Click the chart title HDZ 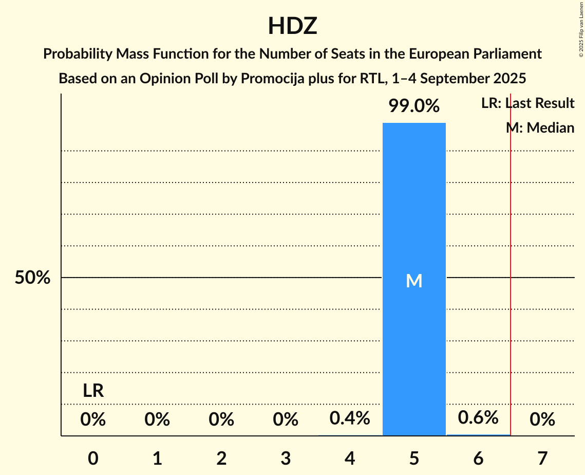tap(292, 26)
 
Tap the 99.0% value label tap(414, 106)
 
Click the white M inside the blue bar tap(414, 281)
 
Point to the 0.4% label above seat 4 tap(350, 418)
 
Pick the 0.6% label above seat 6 tap(478, 417)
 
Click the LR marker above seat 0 tap(93, 391)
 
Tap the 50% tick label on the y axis tap(32, 278)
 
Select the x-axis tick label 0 tap(93, 458)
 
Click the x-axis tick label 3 tap(286, 458)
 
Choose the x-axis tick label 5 tap(414, 458)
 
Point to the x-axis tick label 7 tap(542, 458)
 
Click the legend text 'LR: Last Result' tap(527, 103)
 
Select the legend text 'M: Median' tap(540, 127)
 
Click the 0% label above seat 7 tap(542, 420)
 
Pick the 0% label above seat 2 tap(221, 420)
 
